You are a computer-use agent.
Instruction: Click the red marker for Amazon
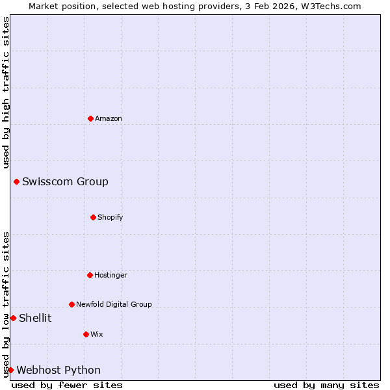pyautogui.click(x=90, y=118)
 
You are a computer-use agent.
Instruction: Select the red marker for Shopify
pyautogui.click(x=93, y=217)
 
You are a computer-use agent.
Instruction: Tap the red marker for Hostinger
pyautogui.click(x=90, y=275)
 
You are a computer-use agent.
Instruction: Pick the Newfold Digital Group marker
pyautogui.click(x=71, y=304)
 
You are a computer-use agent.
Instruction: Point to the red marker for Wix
pyautogui.click(x=86, y=334)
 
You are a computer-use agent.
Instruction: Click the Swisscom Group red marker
pyautogui.click(x=16, y=181)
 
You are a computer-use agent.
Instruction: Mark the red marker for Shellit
pyautogui.click(x=13, y=318)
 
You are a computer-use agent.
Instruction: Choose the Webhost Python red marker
pyautogui.click(x=10, y=370)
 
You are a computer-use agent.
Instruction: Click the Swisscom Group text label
pyautogui.click(x=65, y=181)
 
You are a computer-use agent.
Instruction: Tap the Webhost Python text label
pyautogui.click(x=58, y=370)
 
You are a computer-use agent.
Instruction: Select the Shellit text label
pyautogui.click(x=35, y=318)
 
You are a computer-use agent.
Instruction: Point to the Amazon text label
pyautogui.click(x=109, y=118)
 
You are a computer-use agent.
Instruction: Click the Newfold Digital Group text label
pyautogui.click(x=114, y=304)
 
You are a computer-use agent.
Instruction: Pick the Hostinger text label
pyautogui.click(x=110, y=275)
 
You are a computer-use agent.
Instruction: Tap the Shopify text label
pyautogui.click(x=110, y=217)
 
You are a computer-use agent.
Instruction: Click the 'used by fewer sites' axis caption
pyautogui.click(x=67, y=385)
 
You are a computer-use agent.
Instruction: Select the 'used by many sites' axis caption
pyautogui.click(x=326, y=385)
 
